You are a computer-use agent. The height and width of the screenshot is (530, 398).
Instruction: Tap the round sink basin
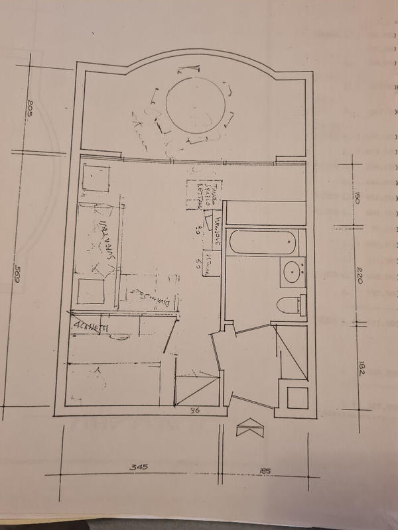tap(292, 272)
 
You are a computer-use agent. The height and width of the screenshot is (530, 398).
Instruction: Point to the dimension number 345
tap(138, 467)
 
